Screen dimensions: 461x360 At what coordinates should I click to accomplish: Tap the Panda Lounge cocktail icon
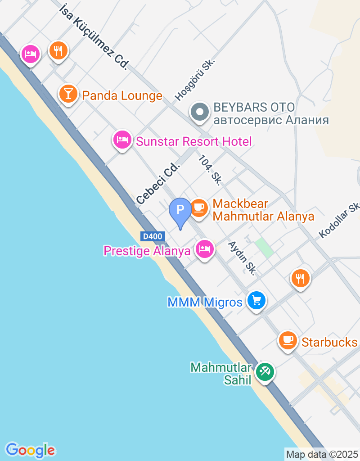[68, 94]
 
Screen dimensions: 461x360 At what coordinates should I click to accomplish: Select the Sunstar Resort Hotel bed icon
[122, 140]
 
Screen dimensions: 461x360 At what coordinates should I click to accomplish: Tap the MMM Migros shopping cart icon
[256, 300]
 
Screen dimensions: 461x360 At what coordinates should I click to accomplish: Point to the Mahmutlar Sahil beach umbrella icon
[265, 372]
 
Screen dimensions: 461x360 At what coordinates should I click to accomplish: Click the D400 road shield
[153, 236]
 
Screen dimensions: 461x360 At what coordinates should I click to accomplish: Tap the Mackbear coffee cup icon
[198, 208]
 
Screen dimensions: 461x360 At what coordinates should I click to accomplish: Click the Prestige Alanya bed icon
[205, 249]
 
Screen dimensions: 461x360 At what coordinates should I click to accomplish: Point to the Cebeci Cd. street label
[158, 183]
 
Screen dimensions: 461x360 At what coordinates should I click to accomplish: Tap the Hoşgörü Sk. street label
[195, 80]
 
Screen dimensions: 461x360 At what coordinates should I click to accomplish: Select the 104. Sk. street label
[210, 170]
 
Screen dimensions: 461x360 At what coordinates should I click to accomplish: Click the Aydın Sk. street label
[242, 258]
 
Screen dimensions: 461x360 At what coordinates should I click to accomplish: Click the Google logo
[30, 450]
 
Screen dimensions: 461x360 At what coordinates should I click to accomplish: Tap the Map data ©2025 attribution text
[322, 454]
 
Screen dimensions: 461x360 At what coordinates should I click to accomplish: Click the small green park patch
[264, 248]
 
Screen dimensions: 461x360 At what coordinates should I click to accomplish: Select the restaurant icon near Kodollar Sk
[300, 278]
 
